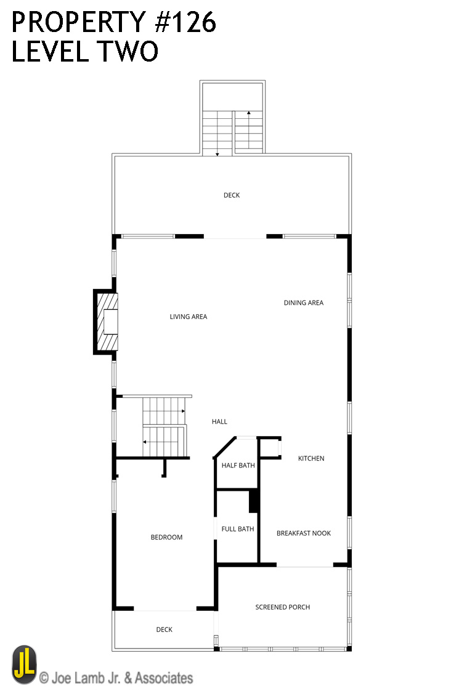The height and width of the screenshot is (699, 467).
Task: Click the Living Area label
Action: click(x=189, y=317)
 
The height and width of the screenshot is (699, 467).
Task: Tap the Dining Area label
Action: click(x=303, y=302)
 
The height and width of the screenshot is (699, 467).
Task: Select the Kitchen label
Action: click(x=311, y=458)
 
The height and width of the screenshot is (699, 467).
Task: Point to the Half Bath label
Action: click(x=238, y=466)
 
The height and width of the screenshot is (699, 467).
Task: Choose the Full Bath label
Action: click(x=238, y=529)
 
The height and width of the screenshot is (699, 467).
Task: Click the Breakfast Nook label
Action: click(x=304, y=533)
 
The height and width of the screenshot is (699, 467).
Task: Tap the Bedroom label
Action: click(x=166, y=537)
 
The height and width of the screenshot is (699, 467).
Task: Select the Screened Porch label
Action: click(x=282, y=607)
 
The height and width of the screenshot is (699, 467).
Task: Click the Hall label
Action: click(x=219, y=422)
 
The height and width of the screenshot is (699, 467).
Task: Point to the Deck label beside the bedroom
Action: click(x=164, y=629)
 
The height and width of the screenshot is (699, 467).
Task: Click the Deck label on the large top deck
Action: click(x=232, y=195)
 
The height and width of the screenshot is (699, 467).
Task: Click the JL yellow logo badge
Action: click(x=25, y=665)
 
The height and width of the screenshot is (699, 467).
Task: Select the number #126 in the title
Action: click(x=185, y=22)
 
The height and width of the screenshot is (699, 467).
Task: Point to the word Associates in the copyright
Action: click(x=164, y=678)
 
